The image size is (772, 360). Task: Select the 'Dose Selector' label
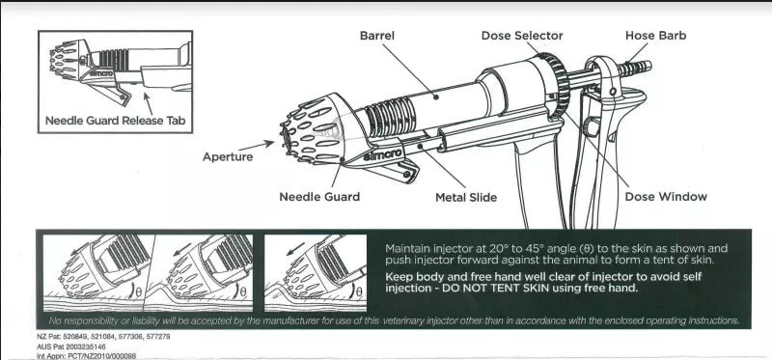click(522, 36)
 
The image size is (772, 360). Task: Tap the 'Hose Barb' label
click(656, 36)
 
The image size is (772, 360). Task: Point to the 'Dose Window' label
click(666, 197)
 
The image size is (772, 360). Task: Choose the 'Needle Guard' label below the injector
click(319, 197)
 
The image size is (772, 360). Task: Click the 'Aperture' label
click(228, 156)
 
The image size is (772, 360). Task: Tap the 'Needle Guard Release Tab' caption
click(115, 122)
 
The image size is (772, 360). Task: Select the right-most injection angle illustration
click(315, 269)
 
